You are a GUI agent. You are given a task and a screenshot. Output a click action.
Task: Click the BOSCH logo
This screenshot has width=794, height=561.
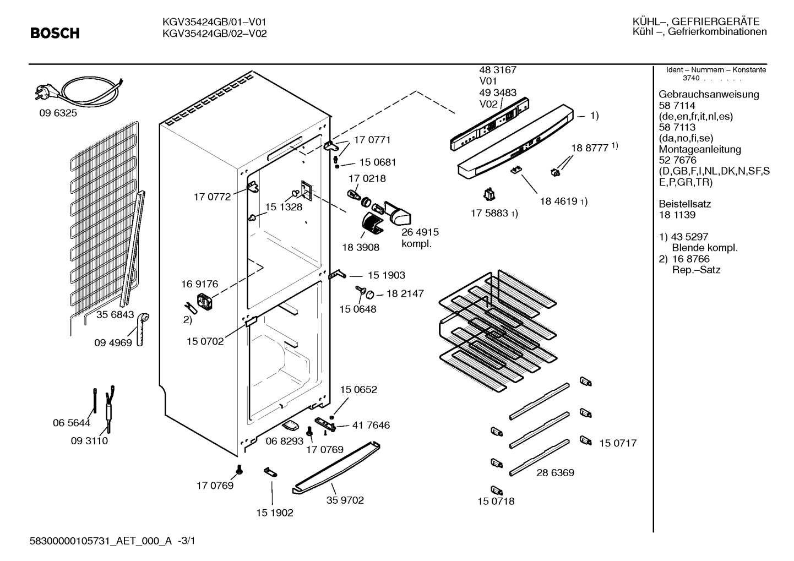(x=55, y=33)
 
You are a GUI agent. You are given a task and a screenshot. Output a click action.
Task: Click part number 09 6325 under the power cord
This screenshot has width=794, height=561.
(x=58, y=113)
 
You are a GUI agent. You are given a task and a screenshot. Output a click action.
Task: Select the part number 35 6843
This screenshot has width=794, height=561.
(x=115, y=314)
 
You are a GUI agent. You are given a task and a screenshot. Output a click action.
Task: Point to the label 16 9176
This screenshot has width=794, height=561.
(x=199, y=284)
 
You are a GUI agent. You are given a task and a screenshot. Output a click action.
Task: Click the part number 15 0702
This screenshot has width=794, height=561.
(x=205, y=341)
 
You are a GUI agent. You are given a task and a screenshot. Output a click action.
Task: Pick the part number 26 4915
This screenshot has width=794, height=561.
(x=420, y=232)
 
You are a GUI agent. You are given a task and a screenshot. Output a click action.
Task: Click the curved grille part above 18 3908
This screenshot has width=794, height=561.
(x=373, y=222)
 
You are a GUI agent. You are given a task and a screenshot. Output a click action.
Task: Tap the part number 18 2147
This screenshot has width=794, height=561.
(x=405, y=293)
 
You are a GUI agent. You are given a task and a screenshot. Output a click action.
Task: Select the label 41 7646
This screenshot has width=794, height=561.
(x=371, y=425)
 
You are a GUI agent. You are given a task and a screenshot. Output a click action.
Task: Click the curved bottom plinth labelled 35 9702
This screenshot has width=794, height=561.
(x=336, y=468)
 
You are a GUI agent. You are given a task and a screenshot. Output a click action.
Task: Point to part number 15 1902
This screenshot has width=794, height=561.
(x=275, y=513)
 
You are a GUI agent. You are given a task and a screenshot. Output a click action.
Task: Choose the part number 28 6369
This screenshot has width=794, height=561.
(x=555, y=472)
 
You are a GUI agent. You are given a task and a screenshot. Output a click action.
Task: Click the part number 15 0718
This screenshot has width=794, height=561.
(x=496, y=501)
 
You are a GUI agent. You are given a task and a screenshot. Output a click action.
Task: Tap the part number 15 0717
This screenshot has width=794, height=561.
(x=618, y=443)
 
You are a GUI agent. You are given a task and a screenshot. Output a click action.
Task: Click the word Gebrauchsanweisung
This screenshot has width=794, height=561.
(x=709, y=94)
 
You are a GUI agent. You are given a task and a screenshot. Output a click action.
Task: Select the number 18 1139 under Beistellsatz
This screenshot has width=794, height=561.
(x=677, y=215)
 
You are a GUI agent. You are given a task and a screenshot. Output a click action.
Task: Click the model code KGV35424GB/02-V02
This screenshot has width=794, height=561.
(x=214, y=34)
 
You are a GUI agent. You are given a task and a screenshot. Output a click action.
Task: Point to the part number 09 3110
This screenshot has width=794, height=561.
(x=89, y=440)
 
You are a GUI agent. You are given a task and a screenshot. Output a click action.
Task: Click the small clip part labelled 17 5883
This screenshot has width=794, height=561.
(x=489, y=194)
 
